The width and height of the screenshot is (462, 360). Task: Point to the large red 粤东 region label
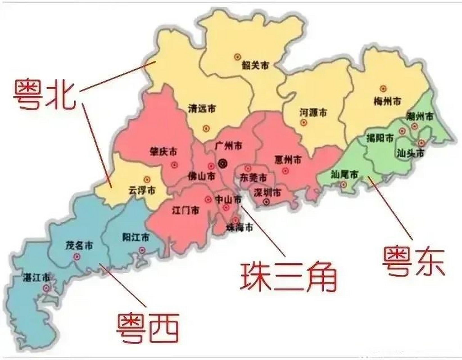point(413,262)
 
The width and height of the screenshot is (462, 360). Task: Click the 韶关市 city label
point(255,66)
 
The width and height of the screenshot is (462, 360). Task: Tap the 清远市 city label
point(202,109)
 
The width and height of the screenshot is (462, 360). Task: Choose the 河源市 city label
point(313,113)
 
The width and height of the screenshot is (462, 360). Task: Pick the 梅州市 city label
point(387,101)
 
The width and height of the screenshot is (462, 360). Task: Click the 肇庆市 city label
point(164,152)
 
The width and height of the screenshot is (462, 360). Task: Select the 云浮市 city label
point(142,190)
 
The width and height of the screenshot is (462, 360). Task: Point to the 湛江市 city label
point(37,278)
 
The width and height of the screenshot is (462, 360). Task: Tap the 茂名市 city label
point(79,246)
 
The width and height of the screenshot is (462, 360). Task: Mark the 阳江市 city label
point(136,237)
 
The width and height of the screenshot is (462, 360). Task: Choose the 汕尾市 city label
point(345,175)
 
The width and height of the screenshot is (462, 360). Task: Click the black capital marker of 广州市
point(223,163)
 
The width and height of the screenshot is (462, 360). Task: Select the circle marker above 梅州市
point(383,89)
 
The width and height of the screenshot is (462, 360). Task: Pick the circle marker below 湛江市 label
point(46,288)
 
